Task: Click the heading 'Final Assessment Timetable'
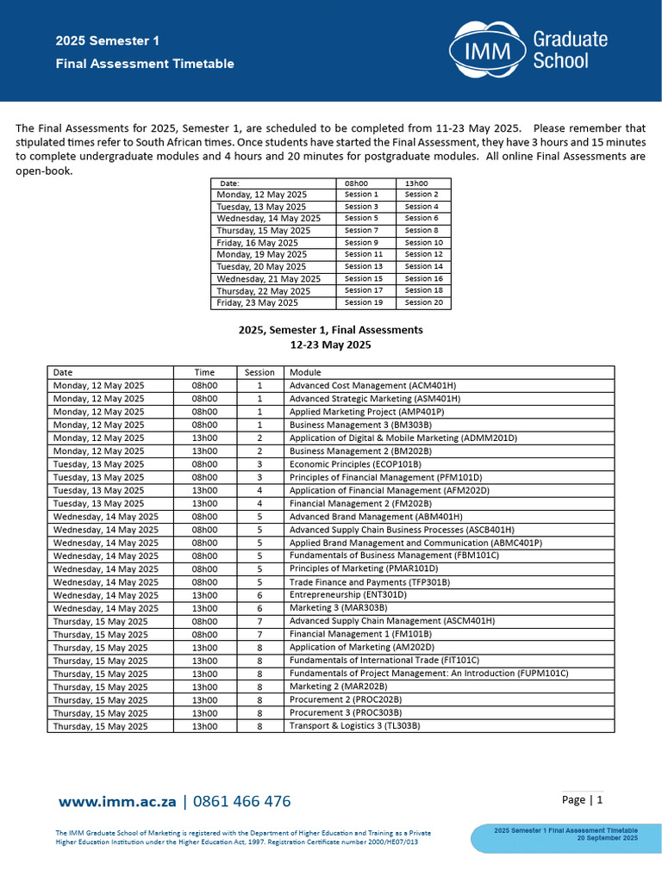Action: click(145, 64)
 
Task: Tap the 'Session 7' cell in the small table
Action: click(361, 231)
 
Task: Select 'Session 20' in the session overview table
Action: click(423, 302)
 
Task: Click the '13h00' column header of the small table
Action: click(416, 183)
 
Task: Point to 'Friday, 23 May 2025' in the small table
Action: click(258, 302)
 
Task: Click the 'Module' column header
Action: click(305, 372)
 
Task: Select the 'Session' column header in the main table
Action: click(259, 372)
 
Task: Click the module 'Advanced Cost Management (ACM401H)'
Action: click(372, 385)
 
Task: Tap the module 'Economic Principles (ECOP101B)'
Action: click(355, 464)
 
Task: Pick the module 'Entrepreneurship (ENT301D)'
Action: click(347, 595)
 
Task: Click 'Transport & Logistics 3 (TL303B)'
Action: click(354, 726)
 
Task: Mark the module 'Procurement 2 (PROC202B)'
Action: click(345, 699)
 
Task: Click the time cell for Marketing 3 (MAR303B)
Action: click(204, 608)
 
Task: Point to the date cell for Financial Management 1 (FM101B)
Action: click(100, 634)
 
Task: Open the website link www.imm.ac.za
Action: click(117, 802)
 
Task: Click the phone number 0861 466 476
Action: click(241, 802)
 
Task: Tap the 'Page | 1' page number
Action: click(582, 800)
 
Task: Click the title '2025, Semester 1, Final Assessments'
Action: click(330, 330)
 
